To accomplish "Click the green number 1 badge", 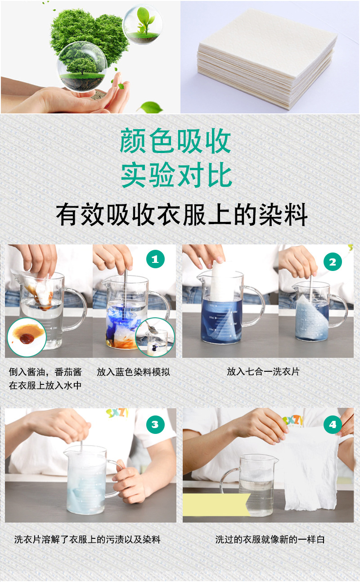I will [x=155, y=259].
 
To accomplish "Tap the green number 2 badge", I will [x=333, y=262].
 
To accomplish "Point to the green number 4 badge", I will [x=333, y=424].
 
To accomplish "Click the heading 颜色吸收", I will [x=176, y=141].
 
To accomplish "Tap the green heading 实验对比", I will [x=176, y=176].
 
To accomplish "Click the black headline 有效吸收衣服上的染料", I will [x=182, y=214].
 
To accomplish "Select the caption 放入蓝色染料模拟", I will [x=133, y=372].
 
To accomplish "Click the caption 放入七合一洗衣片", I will [x=263, y=371].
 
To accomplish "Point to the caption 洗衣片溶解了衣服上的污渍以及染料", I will [x=87, y=539].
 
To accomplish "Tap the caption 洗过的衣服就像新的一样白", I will [x=270, y=539].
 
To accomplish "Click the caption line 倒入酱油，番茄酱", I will [x=45, y=372].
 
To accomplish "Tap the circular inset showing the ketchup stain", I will [x=27, y=337].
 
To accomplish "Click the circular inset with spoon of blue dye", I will [x=155, y=337].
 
